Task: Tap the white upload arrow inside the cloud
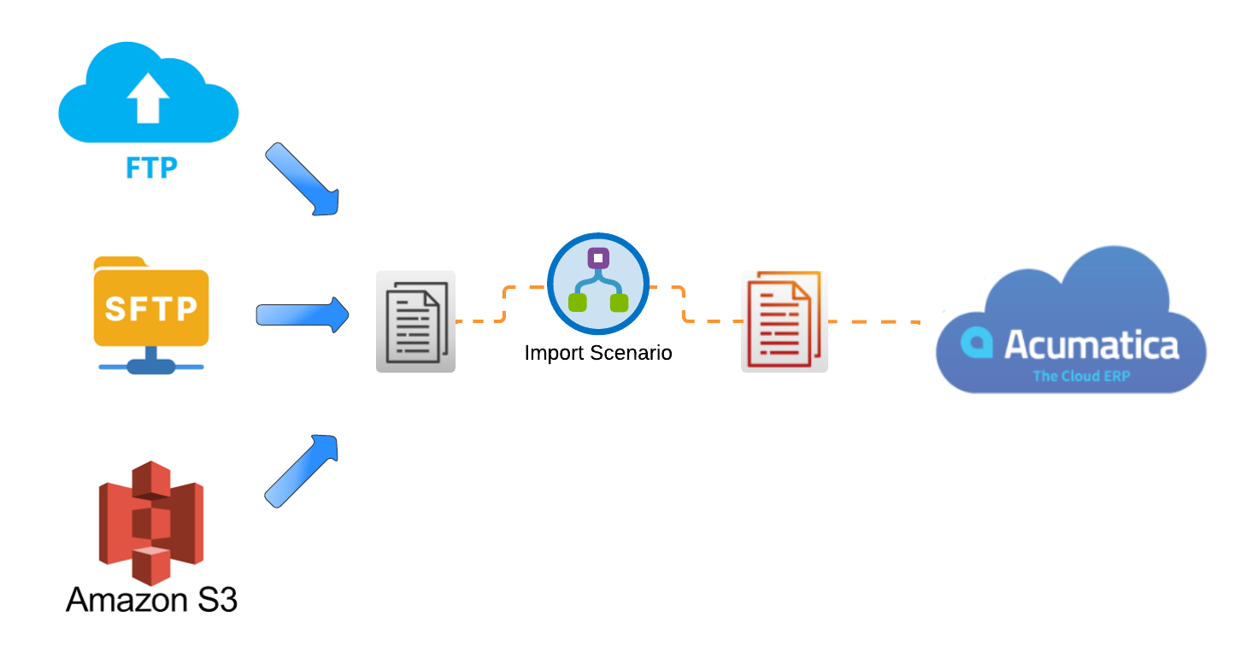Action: pyautogui.click(x=147, y=96)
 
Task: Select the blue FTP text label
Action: pyautogui.click(x=151, y=167)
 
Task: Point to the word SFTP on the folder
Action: pyautogui.click(x=150, y=308)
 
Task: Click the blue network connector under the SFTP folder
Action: pyautogui.click(x=151, y=363)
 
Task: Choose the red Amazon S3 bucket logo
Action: pyautogui.click(x=150, y=521)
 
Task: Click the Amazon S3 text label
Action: pyautogui.click(x=151, y=599)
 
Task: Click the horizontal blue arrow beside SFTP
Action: pyautogui.click(x=303, y=315)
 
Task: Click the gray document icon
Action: pyautogui.click(x=415, y=321)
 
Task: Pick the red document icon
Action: pyautogui.click(x=784, y=321)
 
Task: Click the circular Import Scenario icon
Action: pyautogui.click(x=598, y=283)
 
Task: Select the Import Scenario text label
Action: pyautogui.click(x=598, y=352)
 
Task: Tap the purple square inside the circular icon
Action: pyautogui.click(x=598, y=257)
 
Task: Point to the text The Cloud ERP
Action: pyautogui.click(x=1081, y=376)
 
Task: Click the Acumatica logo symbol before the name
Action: pyautogui.click(x=976, y=344)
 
